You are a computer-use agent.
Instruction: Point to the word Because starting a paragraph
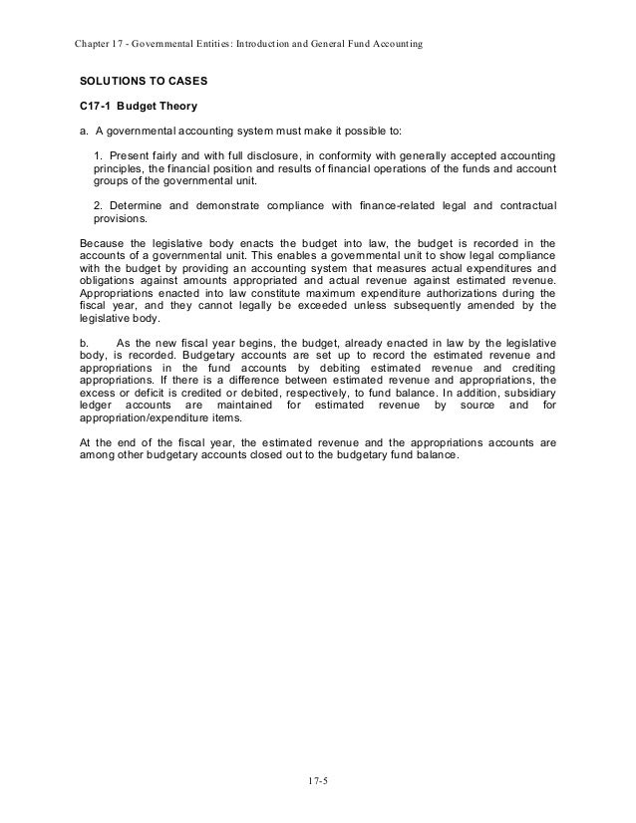102,242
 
